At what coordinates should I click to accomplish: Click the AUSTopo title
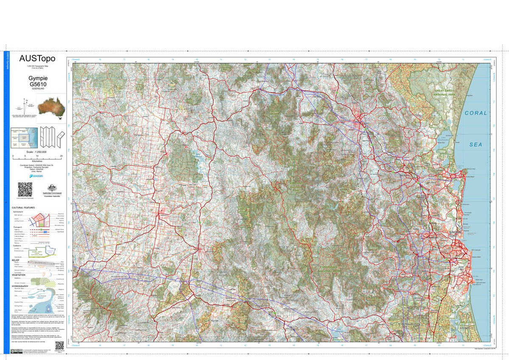[x=37, y=59]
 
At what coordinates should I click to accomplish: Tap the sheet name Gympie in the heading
[x=38, y=79]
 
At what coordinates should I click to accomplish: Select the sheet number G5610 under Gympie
[x=38, y=85]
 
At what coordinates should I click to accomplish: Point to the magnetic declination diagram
[x=25, y=107]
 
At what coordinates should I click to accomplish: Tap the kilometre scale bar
[x=37, y=156]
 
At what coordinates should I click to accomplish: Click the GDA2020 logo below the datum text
[x=38, y=175]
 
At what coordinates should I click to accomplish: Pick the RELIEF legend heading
[x=16, y=259]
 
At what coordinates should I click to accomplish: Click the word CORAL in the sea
[x=476, y=113]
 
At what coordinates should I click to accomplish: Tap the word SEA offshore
[x=475, y=144]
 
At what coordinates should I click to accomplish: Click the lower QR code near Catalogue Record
[x=59, y=346]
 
